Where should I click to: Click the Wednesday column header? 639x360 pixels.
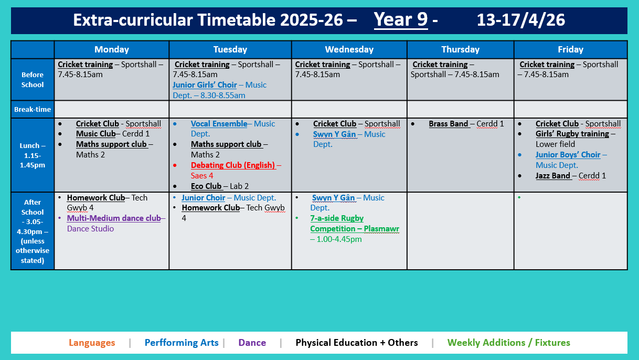coord(349,49)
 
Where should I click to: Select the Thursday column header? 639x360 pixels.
coord(460,49)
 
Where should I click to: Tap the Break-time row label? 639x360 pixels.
coord(33,109)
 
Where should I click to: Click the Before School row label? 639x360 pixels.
coord(33,79)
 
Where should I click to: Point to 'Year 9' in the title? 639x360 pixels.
coord(401,20)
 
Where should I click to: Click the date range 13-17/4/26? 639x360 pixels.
coord(520,20)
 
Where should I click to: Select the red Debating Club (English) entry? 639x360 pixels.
coord(233,165)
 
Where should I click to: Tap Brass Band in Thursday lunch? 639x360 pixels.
coord(449,124)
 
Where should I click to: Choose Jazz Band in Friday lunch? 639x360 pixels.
coord(553,176)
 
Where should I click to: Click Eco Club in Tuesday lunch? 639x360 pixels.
coord(206,186)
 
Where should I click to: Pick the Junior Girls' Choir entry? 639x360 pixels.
coord(205,85)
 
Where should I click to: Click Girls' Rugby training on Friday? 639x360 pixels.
coord(572,134)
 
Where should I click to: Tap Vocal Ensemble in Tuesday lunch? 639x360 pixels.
coord(219,124)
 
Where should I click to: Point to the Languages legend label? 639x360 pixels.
coord(92,343)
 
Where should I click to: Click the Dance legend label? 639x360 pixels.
coord(252,343)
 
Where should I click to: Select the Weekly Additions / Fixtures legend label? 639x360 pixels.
coord(508,343)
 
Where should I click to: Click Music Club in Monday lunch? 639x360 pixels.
coord(95,134)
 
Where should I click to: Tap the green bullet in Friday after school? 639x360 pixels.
coord(519,198)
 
